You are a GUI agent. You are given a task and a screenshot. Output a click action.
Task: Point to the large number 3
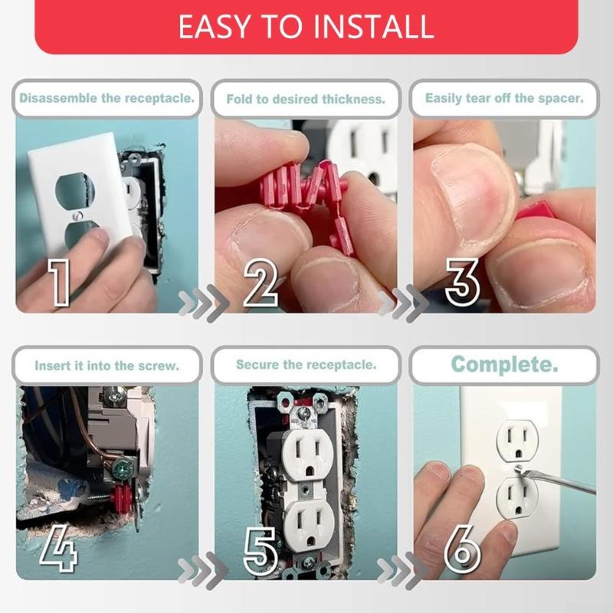(x=462, y=281)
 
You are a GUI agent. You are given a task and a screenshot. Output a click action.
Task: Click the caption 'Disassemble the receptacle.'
(x=107, y=98)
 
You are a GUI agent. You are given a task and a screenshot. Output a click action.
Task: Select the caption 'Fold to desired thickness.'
(x=306, y=99)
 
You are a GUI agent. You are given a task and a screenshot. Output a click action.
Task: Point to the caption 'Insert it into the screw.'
(x=107, y=366)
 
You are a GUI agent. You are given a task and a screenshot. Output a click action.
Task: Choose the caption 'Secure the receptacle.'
(x=306, y=365)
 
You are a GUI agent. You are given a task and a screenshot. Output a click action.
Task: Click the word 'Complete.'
(x=504, y=364)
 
